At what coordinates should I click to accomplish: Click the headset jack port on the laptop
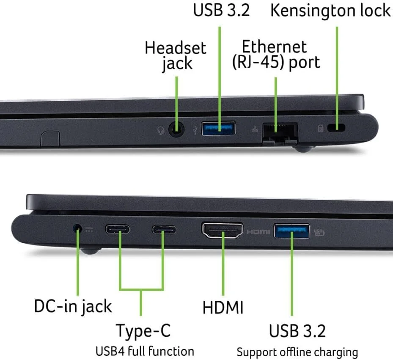click(x=176, y=129)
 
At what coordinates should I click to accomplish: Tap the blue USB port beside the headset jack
click(x=219, y=128)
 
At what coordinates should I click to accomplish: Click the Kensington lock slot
click(x=336, y=128)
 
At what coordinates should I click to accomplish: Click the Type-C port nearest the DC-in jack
click(x=117, y=229)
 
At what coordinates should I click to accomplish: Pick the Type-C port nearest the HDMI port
click(x=164, y=230)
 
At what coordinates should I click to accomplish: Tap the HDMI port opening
click(x=223, y=230)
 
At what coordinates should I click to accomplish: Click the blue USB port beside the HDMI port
click(x=292, y=231)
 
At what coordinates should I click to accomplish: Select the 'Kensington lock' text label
click(x=330, y=11)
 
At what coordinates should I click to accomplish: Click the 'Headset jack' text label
click(x=176, y=56)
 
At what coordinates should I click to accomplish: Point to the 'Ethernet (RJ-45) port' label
click(x=276, y=55)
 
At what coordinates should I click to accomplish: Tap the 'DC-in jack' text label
click(x=73, y=306)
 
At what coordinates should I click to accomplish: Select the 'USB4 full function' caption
click(x=145, y=351)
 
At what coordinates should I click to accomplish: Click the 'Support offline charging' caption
click(x=297, y=352)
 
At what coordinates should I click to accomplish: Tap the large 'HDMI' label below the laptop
click(x=223, y=308)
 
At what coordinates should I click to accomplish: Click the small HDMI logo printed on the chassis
click(x=258, y=232)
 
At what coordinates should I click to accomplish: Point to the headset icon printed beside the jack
click(x=161, y=130)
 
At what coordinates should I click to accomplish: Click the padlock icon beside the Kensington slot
click(x=321, y=129)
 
